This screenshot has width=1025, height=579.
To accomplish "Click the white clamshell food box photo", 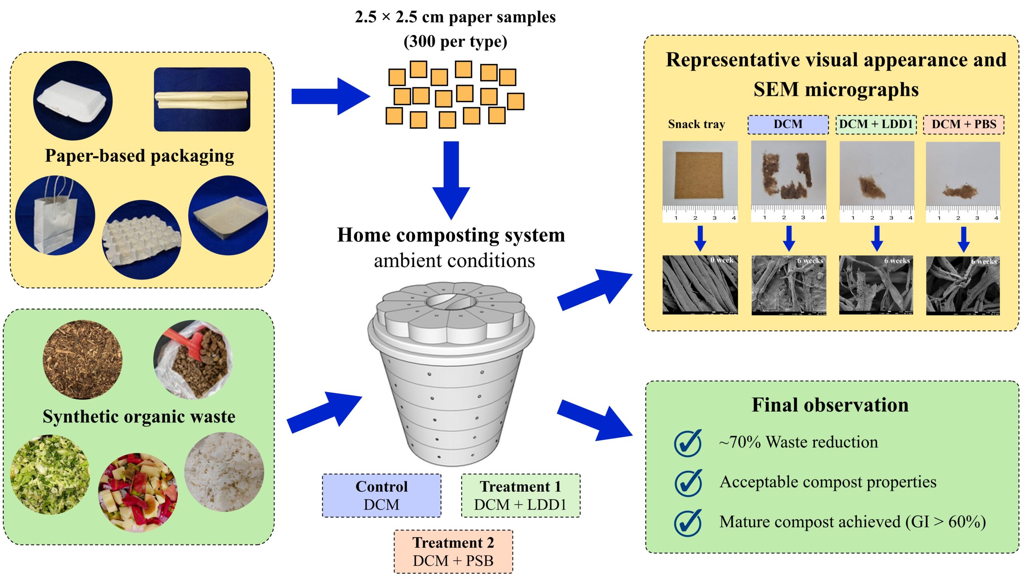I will pos(72,101).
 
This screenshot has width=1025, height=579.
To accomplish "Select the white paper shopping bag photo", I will pos(55,215).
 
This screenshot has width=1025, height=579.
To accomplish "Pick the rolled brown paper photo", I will pos(202,99).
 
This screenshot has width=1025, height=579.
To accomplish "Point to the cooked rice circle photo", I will pos(224,472).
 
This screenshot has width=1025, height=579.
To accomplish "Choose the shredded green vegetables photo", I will pos(50,474).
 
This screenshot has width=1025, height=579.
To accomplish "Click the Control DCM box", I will pos(381,495).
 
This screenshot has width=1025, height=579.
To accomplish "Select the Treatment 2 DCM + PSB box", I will pos(453,551).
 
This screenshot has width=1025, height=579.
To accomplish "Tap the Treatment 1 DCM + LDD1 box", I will pos(520,495).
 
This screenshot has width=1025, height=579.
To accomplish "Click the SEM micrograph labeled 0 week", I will pos(700,285).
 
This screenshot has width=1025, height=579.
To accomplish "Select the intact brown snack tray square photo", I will pos(699,175).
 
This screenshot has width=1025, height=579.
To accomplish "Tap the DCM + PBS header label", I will pos(963,124).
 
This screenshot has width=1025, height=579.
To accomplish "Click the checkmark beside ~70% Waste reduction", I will pos(688,443).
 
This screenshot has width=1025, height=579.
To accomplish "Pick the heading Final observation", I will pos(830,405).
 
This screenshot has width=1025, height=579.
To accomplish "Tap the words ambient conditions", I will pos(454,261).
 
